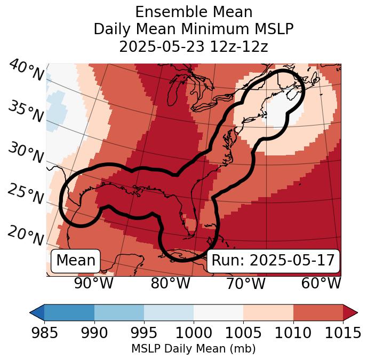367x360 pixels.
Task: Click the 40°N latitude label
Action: pos(26,71)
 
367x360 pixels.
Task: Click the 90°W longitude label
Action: pos(94,283)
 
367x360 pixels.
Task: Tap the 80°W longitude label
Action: pos(170,283)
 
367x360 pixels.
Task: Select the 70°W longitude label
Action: pos(245,283)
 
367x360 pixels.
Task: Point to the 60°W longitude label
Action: pos(321,283)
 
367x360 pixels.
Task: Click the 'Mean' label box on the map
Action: pos(76,261)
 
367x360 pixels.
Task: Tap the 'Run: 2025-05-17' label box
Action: pos(273,261)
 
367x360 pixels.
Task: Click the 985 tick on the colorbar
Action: pos(44,333)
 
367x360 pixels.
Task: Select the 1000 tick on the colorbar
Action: pos(194,333)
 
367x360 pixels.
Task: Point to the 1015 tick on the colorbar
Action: pos(343,333)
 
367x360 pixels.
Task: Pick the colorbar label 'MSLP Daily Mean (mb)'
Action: pos(193,349)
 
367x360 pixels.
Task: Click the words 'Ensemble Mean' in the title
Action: pos(193,12)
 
